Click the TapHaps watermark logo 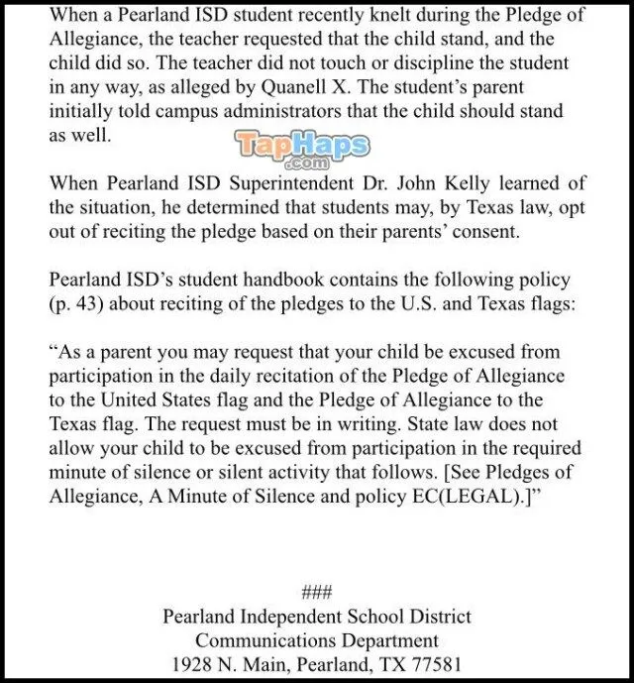pyautogui.click(x=303, y=149)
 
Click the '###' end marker pyautogui.click(x=316, y=592)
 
